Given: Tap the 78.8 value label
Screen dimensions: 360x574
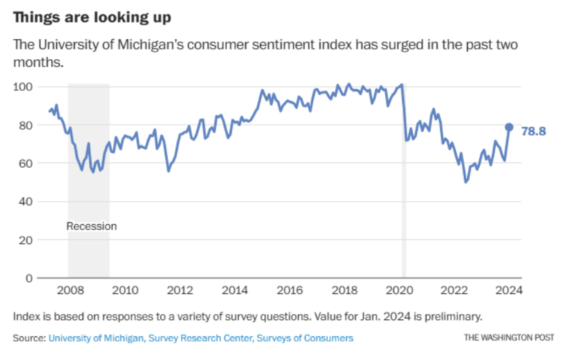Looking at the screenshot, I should click(x=533, y=131).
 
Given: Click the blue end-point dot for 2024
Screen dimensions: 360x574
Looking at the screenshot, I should click(x=509, y=127).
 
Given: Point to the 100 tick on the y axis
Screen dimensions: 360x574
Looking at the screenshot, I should click(x=24, y=87).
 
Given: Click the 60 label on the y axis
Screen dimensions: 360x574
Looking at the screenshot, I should click(x=26, y=163).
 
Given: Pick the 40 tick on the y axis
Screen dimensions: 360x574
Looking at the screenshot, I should click(x=26, y=201).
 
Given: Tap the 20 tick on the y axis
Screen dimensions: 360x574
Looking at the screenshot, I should click(x=26, y=240).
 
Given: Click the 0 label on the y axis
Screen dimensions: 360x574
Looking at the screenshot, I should click(x=30, y=278).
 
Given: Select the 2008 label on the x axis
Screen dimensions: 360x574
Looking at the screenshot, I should click(x=69, y=290).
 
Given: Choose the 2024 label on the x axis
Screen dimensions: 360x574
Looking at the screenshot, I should click(x=510, y=290).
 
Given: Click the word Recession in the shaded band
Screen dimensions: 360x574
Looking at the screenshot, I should click(x=91, y=226).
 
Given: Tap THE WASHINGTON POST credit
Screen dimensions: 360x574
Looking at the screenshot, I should click(x=509, y=338).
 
